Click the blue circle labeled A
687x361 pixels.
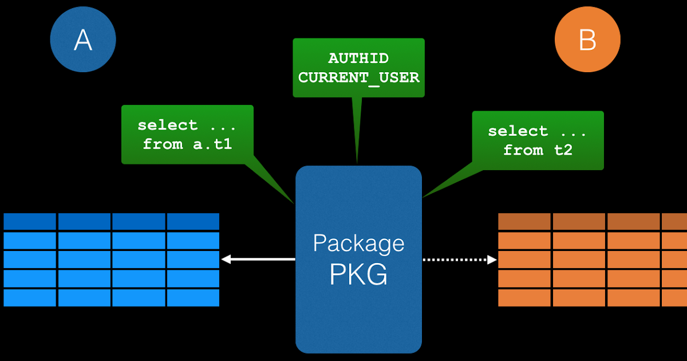pyautogui.click(x=83, y=40)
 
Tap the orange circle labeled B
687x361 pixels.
pyautogui.click(x=587, y=40)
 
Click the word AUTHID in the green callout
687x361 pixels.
pyautogui.click(x=358, y=58)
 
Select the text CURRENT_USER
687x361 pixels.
pyautogui.click(x=358, y=77)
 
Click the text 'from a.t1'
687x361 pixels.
pyautogui.click(x=187, y=144)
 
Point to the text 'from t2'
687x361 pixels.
pyautogui.click(x=538, y=150)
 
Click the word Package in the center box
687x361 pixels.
pyautogui.click(x=358, y=244)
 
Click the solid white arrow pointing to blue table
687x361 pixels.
pyautogui.click(x=258, y=260)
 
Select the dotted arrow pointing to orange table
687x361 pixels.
pyautogui.click(x=458, y=260)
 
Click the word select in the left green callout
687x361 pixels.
pyautogui.click(x=167, y=125)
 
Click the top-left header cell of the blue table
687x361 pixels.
pyautogui.click(x=30, y=221)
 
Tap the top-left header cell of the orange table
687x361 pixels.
pyautogui.click(x=524, y=221)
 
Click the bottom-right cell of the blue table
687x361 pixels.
pyautogui.click(x=193, y=297)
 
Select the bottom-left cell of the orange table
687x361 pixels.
pyautogui.click(x=524, y=297)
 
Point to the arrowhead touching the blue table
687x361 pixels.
pyautogui.click(x=226, y=260)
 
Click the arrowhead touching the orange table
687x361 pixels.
pyautogui.click(x=492, y=260)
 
